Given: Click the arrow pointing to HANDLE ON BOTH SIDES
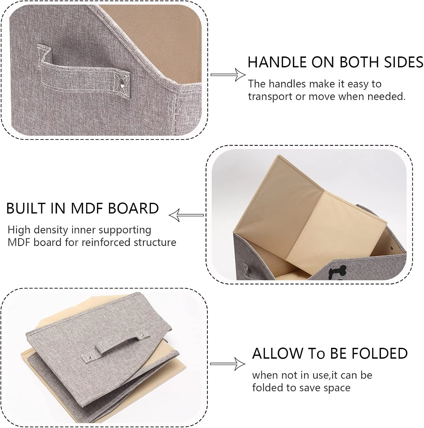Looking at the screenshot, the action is (228, 75).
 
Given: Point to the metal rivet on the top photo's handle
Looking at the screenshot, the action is (123, 84).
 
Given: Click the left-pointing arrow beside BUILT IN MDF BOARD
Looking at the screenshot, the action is (186, 215).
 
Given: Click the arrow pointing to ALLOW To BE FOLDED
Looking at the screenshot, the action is (228, 364).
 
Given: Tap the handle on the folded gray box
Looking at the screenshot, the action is (113, 347).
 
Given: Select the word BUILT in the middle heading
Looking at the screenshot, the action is (26, 208).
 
